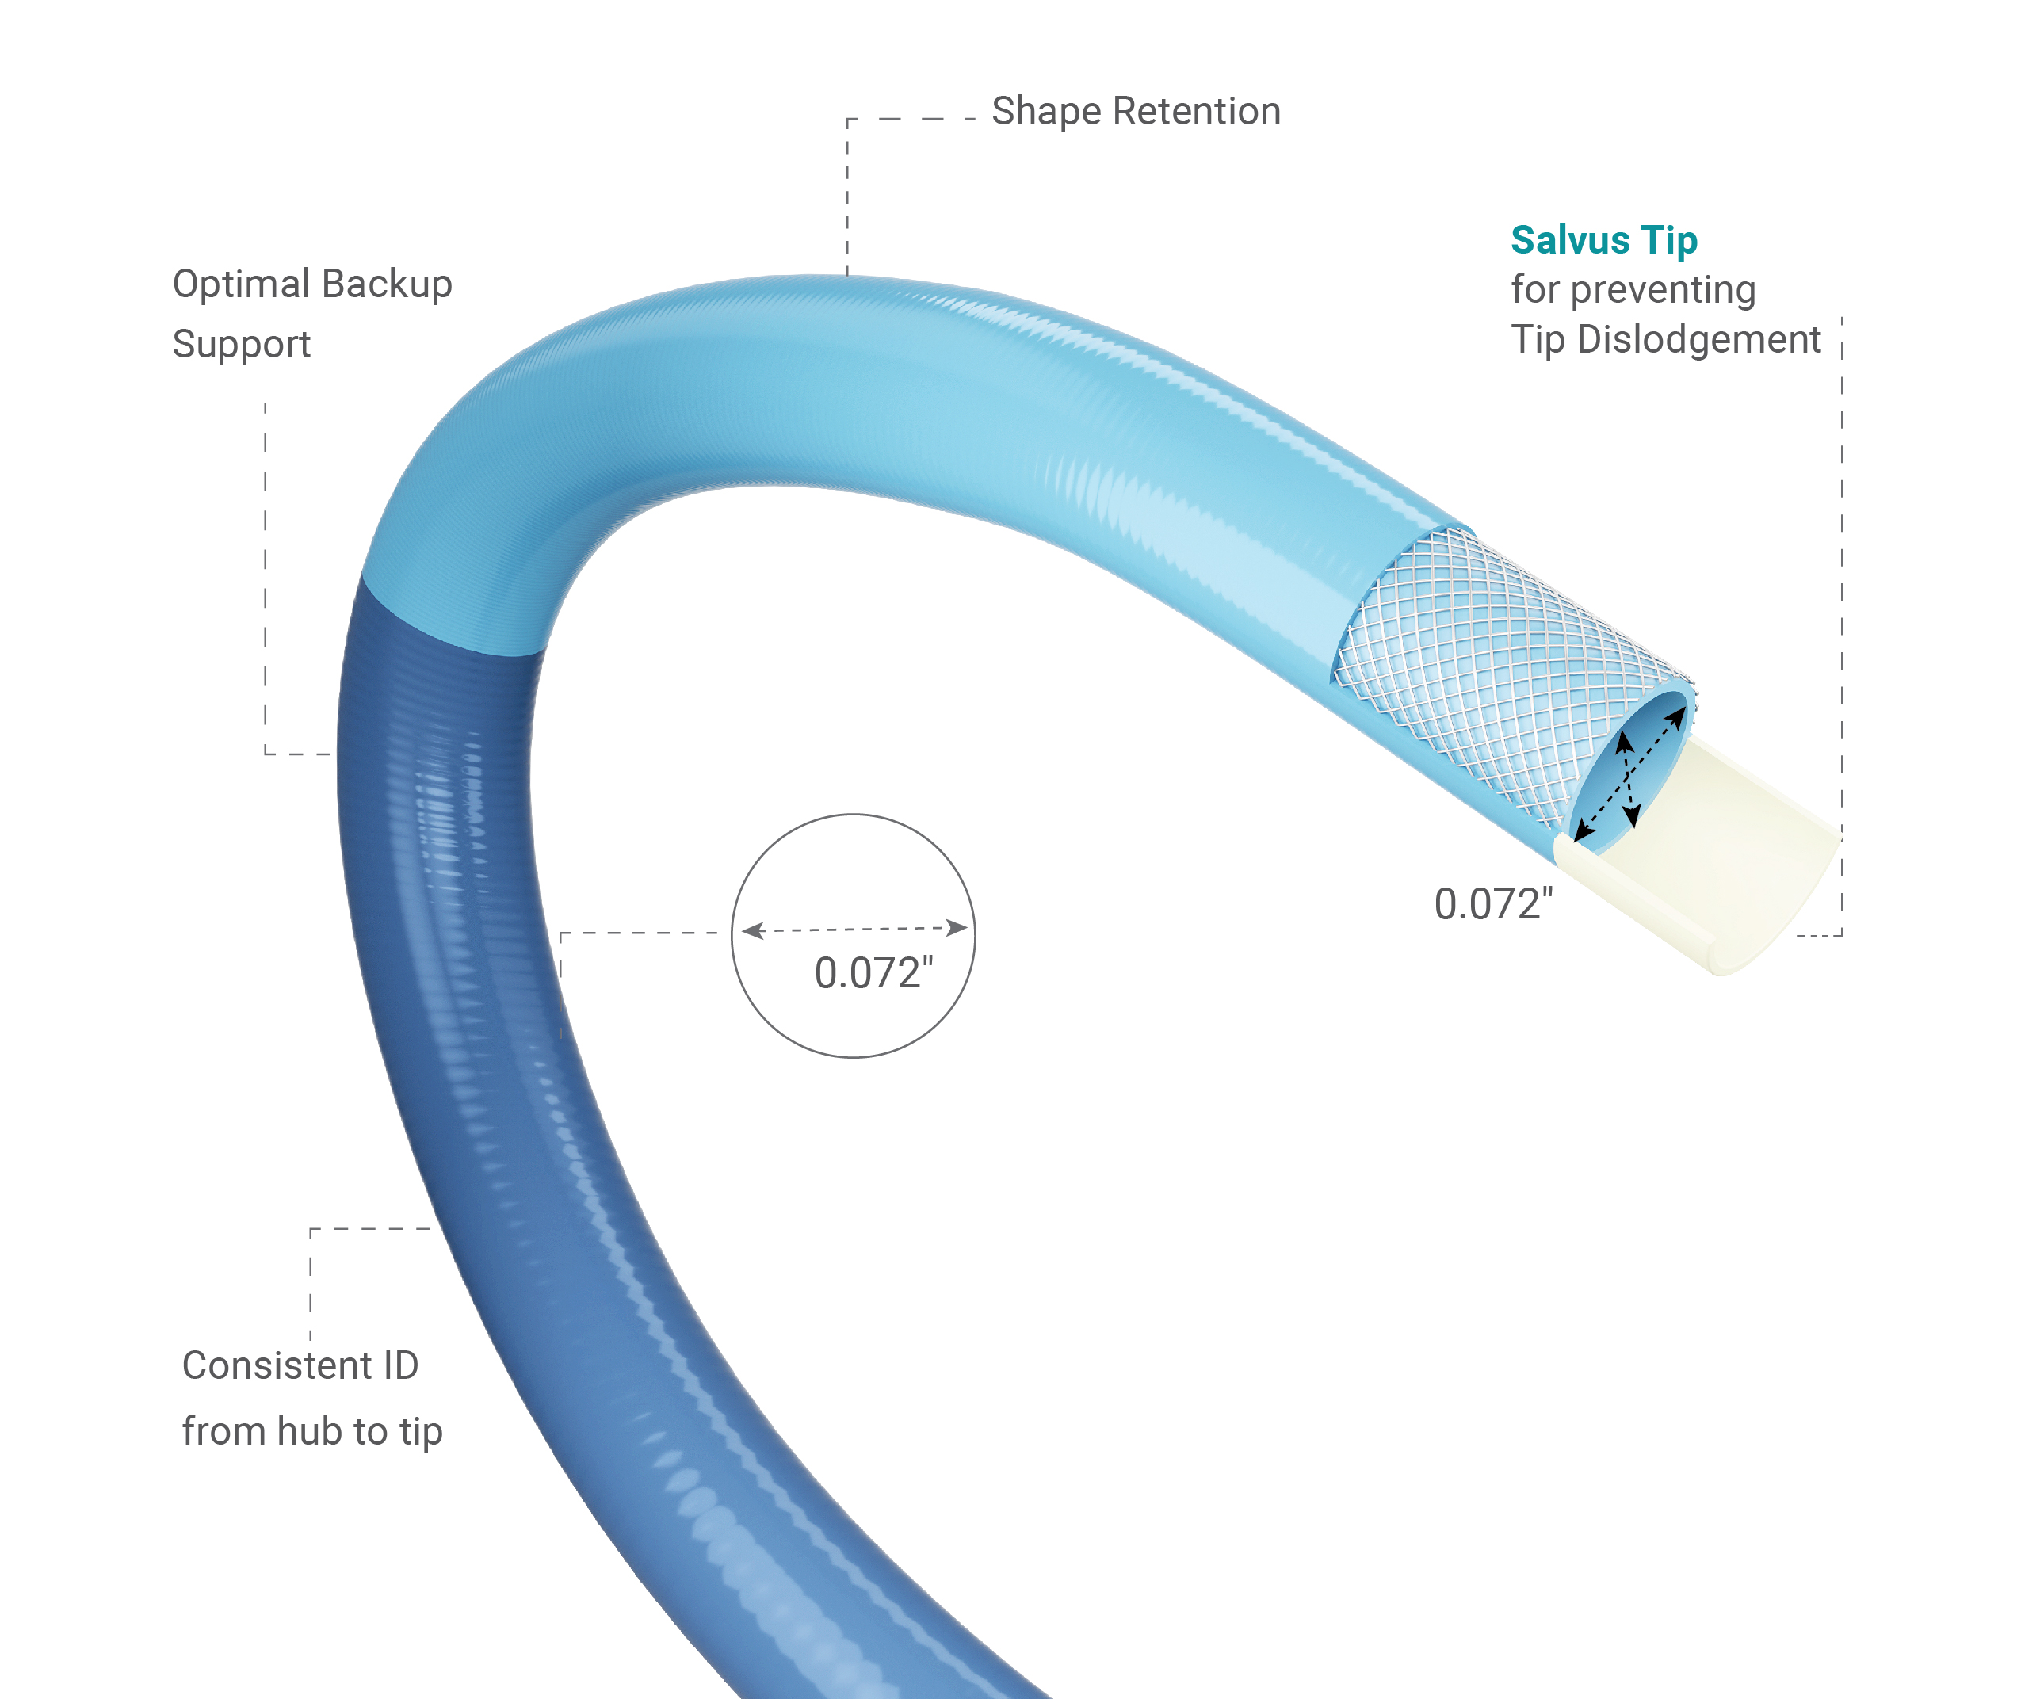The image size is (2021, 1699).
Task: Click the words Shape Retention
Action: coord(1136,112)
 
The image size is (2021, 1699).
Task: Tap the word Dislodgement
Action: coord(1698,340)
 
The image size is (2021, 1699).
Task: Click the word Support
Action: coord(241,345)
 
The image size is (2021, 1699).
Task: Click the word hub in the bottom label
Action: coord(316,1431)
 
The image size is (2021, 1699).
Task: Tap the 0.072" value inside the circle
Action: coord(873,974)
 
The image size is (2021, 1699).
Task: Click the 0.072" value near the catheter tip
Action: coord(1493,904)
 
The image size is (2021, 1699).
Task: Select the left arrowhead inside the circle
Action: coord(752,930)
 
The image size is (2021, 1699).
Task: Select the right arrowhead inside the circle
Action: coord(957,927)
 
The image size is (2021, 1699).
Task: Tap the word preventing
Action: coord(1663,290)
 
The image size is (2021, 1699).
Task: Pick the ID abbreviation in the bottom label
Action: coord(401,1365)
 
